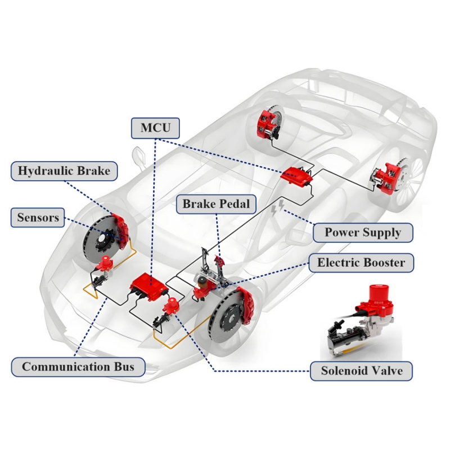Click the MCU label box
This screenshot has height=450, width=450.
click(155, 128)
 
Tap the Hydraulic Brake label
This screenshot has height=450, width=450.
click(64, 170)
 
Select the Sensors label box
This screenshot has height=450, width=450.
click(38, 218)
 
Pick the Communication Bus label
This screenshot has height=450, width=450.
click(78, 367)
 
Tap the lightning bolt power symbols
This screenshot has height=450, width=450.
click(278, 208)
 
